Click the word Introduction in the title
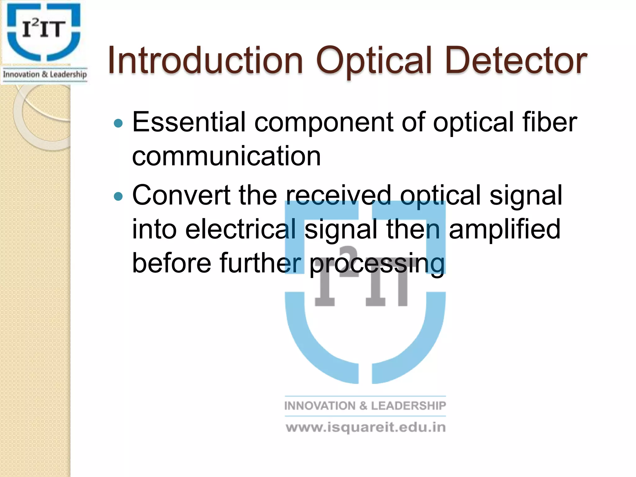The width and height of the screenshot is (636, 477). [205, 61]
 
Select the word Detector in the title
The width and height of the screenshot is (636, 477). [516, 61]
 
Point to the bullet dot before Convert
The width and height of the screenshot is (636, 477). [118, 196]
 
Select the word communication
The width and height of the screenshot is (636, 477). [226, 156]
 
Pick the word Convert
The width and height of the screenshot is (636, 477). [181, 195]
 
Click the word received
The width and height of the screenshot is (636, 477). [338, 195]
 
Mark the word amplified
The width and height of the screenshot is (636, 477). [505, 230]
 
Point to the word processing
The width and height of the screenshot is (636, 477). [377, 264]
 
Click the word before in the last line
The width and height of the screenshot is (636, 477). [172, 263]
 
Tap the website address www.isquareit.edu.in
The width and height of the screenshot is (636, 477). [366, 428]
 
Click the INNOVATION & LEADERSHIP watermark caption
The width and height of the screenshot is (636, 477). [365, 406]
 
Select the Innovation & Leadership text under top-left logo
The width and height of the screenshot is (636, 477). [45, 75]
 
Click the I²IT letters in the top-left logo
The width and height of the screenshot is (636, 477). [44, 29]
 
